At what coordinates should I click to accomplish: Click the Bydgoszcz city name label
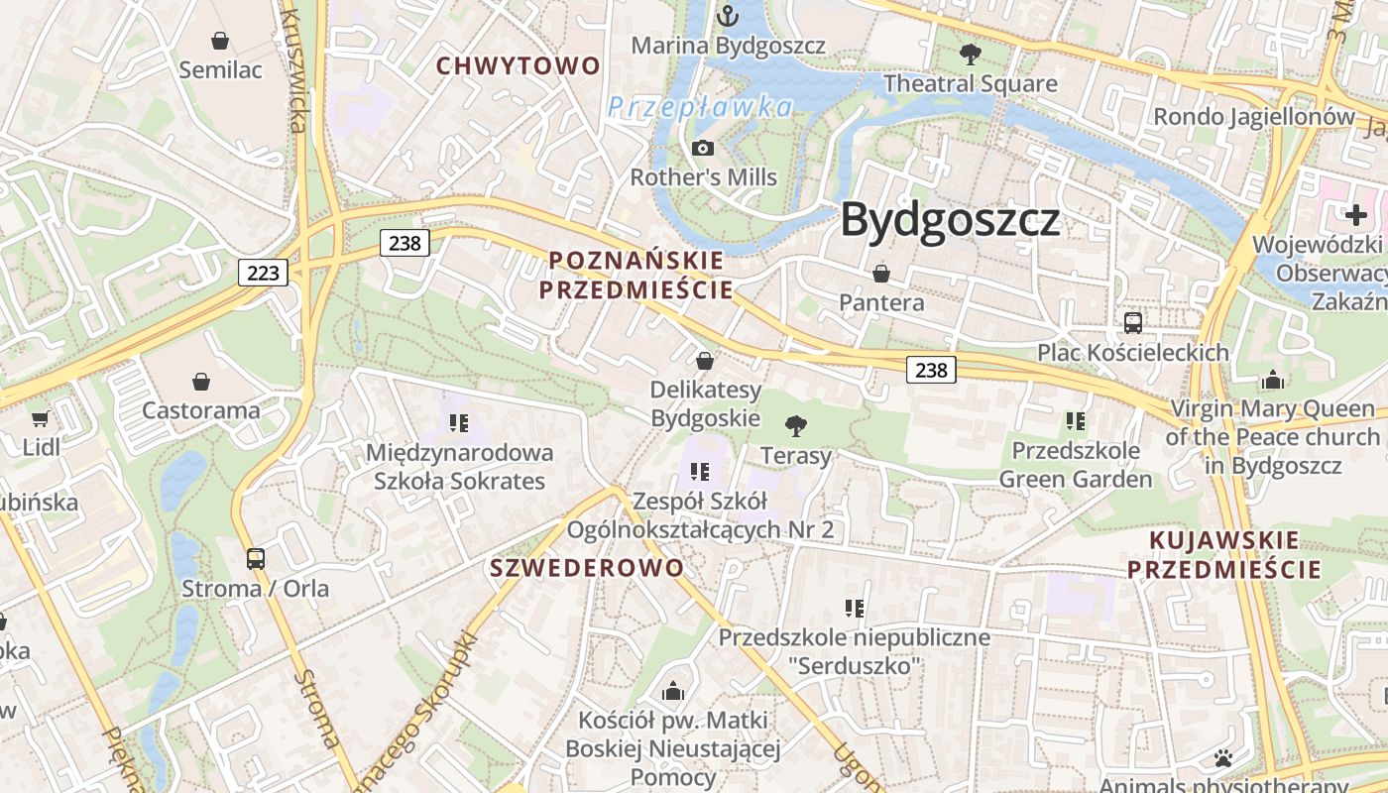coord(950,220)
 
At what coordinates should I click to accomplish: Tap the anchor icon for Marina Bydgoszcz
coord(729,16)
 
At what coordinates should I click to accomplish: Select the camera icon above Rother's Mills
coord(703,149)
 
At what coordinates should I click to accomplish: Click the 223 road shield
coord(263,272)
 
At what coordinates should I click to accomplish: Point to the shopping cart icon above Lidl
coord(41,418)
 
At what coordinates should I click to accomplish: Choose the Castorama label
coord(200,410)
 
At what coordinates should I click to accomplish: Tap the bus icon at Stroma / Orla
coord(256,558)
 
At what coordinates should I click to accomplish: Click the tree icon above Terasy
coord(795,426)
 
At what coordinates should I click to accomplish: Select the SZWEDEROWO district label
coord(587,568)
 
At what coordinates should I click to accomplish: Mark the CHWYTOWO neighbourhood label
coord(519,66)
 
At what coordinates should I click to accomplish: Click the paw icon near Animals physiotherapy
coord(1223,759)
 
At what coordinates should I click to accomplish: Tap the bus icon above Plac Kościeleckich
coord(1133,322)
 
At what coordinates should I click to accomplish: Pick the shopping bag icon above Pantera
coord(881,273)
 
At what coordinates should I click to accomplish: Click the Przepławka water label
coord(700,107)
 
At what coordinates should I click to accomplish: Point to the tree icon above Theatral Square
coord(971,55)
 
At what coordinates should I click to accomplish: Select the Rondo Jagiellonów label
coord(1253,117)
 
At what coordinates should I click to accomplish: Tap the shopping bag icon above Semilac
coord(220,41)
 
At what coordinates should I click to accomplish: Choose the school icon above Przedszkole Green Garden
coord(1076,421)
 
